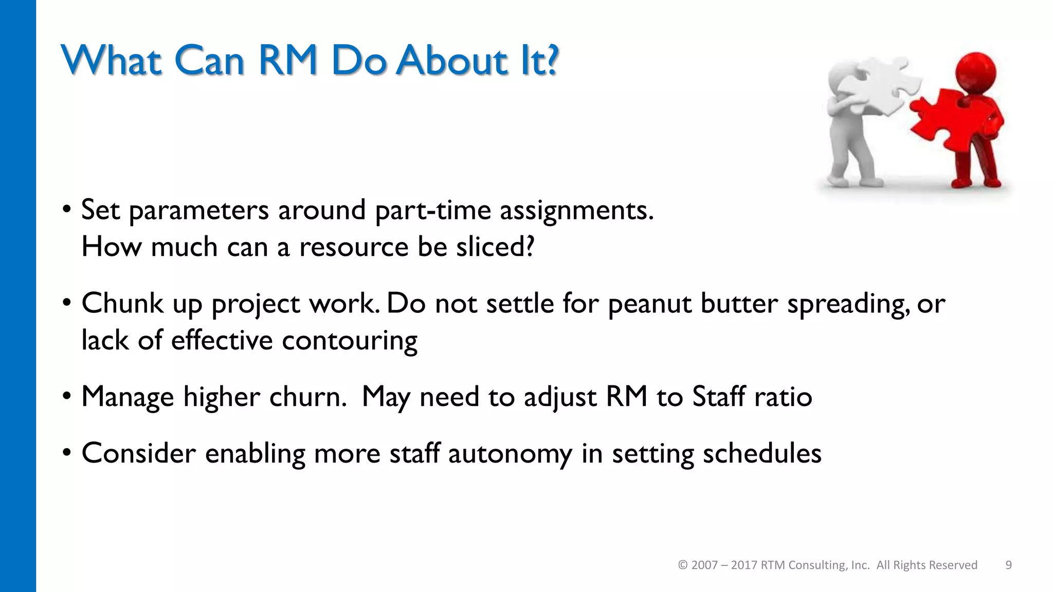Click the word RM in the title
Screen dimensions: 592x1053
tap(288, 61)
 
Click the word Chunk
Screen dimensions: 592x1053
tap(122, 303)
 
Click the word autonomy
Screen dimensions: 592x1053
tap(510, 454)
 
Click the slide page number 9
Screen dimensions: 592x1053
tap(1008, 565)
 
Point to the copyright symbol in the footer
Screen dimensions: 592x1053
tap(683, 565)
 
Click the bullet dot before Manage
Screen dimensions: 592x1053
tap(66, 397)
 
